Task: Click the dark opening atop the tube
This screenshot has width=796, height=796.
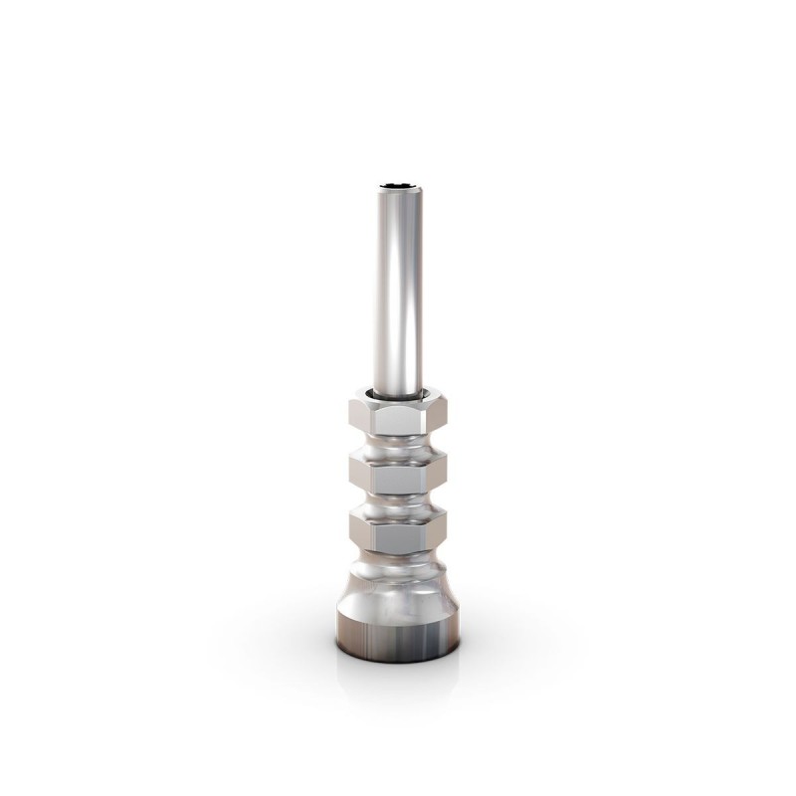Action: (x=397, y=184)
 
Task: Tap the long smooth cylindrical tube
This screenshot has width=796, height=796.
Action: (x=397, y=289)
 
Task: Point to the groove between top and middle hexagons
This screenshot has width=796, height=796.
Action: (x=397, y=444)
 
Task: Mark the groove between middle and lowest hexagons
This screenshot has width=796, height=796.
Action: (x=397, y=502)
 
